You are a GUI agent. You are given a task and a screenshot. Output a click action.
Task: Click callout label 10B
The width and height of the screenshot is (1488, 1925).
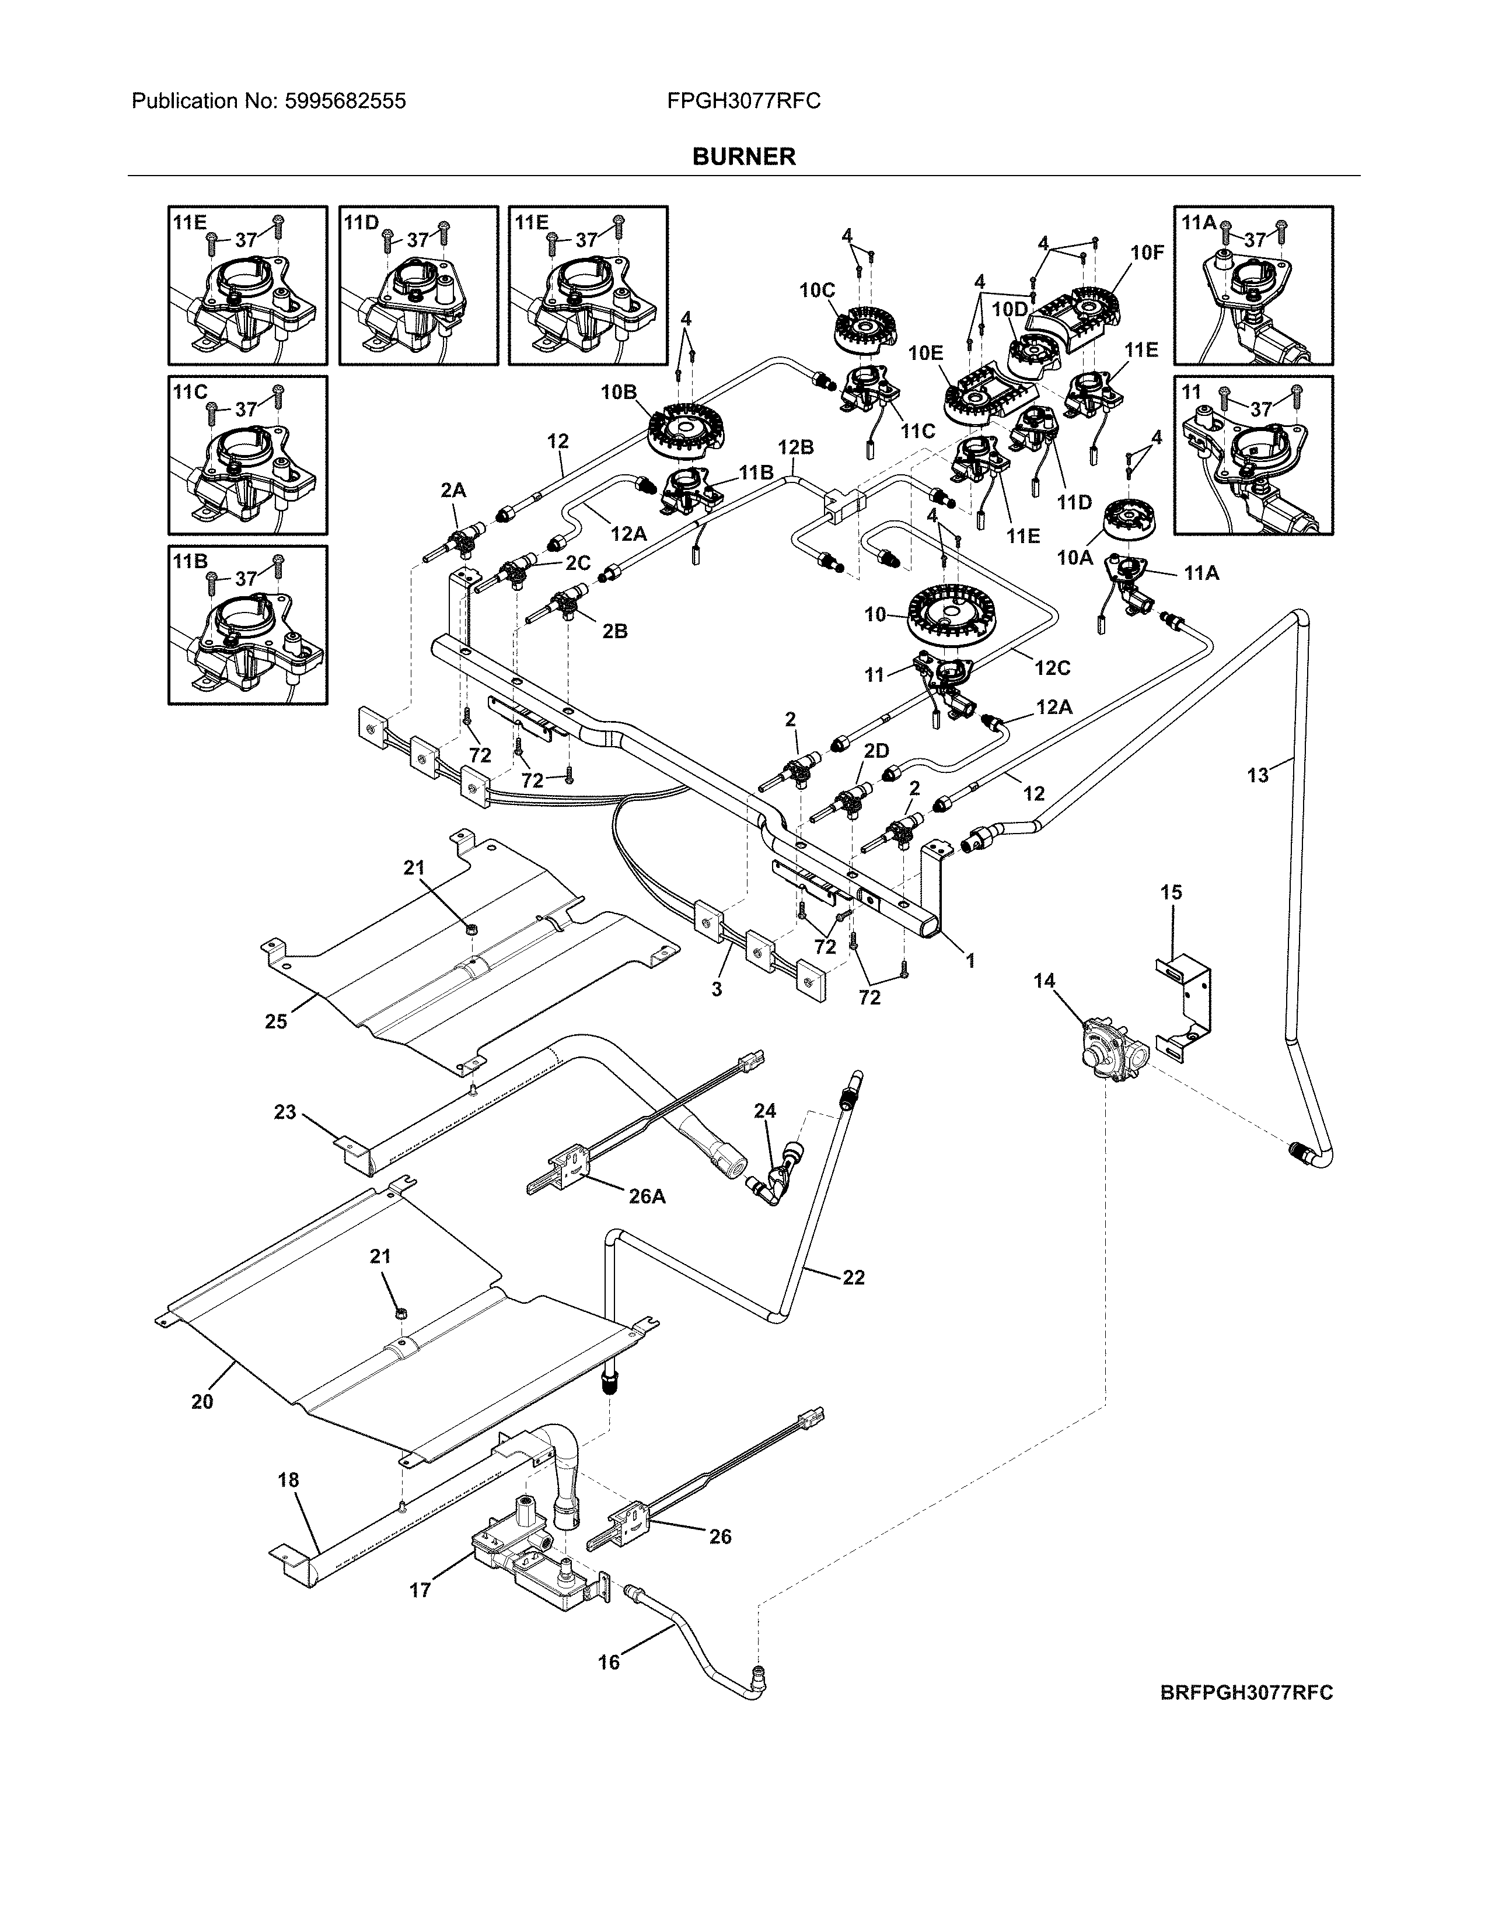click(618, 392)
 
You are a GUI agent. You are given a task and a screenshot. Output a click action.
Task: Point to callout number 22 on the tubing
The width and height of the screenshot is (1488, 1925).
click(853, 1277)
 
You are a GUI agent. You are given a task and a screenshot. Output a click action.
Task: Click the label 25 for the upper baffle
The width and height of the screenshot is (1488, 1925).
click(276, 1021)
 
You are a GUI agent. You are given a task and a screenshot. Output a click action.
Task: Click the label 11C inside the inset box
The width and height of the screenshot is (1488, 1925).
click(190, 391)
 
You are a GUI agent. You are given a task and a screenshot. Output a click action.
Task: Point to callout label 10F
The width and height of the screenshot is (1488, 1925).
click(1147, 254)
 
